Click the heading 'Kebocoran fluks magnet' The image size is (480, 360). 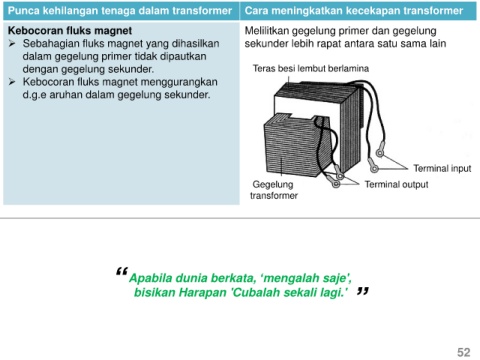70,31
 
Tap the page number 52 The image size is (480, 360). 464,352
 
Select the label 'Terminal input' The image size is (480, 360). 442,168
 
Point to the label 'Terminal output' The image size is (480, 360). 396,184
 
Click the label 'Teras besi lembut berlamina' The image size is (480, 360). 311,68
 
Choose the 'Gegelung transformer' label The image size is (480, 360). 274,190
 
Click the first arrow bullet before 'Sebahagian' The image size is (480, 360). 12,44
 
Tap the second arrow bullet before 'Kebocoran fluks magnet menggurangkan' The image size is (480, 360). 12,82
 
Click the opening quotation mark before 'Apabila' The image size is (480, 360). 122,272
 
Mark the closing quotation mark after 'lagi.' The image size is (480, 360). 363,291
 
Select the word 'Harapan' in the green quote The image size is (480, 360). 203,292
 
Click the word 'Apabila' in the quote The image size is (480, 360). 150,278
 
